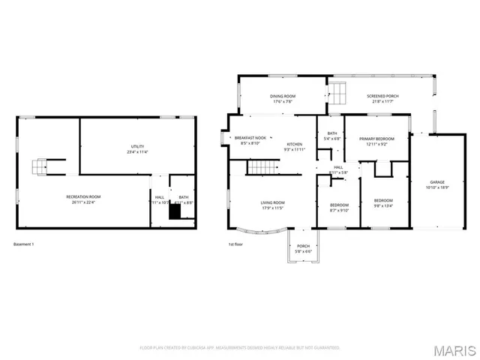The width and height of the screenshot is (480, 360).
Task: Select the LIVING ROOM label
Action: click(272, 205)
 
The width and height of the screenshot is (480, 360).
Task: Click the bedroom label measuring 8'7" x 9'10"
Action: click(339, 207)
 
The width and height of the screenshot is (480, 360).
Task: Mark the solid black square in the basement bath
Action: click(175, 213)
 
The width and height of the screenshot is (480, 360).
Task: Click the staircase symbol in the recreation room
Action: click(41, 166)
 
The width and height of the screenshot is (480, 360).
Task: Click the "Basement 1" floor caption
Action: click(24, 244)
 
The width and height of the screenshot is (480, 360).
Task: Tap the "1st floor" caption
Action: click(236, 244)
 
